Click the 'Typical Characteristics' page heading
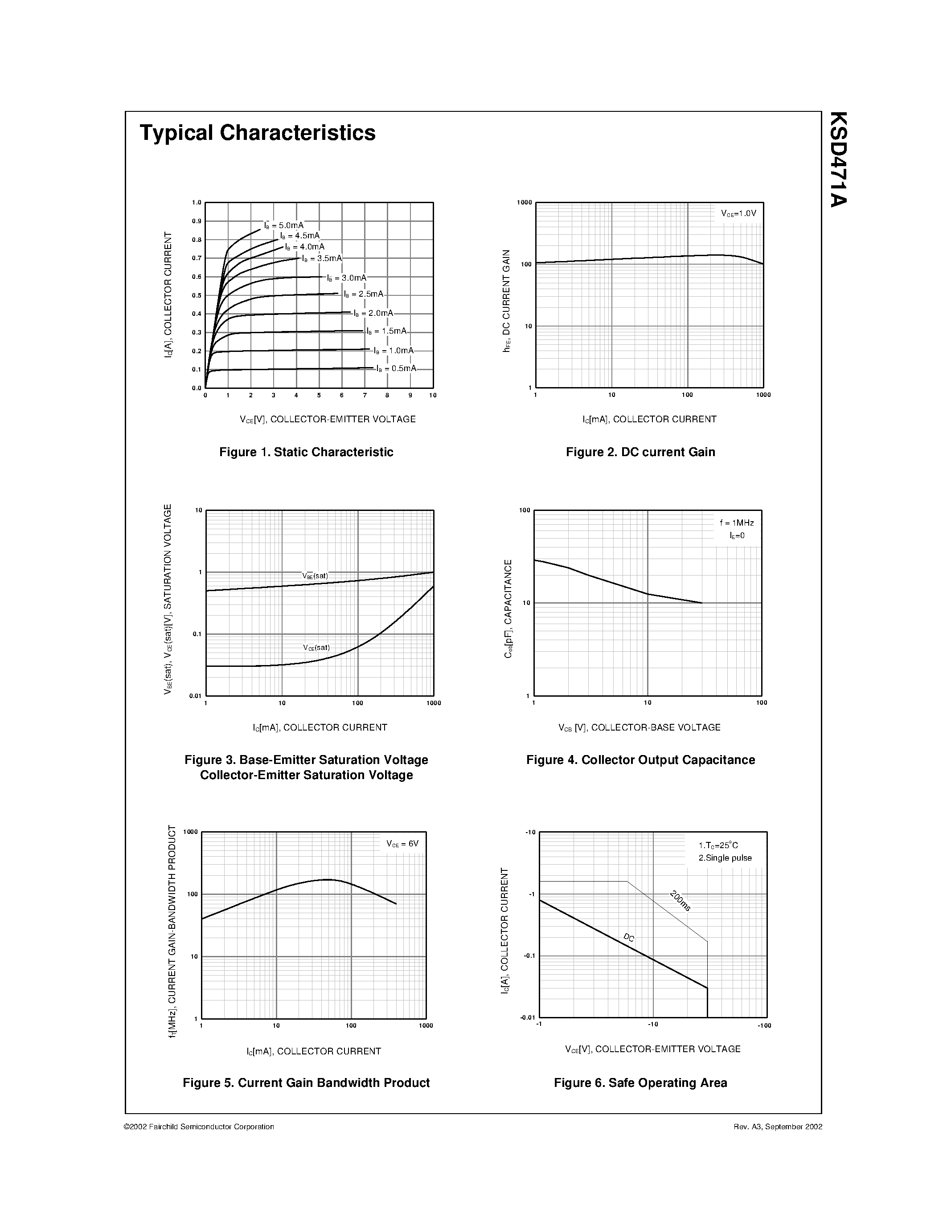coord(258,133)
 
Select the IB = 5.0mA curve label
coord(284,225)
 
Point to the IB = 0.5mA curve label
coord(397,368)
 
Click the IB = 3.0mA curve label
coord(347,278)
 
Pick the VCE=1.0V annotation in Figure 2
coord(738,214)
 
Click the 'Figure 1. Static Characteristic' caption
coord(306,452)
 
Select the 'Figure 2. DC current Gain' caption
coord(640,452)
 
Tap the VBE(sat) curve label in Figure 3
coord(315,576)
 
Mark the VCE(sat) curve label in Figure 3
coord(316,647)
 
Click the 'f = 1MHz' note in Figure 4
coord(737,523)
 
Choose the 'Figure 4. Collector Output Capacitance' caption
coord(640,760)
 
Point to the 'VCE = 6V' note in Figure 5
coord(402,844)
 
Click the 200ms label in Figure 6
coord(680,901)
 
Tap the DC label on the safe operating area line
coord(629,938)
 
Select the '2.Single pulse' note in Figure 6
coord(725,857)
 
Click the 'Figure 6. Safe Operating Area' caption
coord(640,1083)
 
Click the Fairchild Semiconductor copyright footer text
coord(199,1127)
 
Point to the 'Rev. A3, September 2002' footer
coord(778,1127)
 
